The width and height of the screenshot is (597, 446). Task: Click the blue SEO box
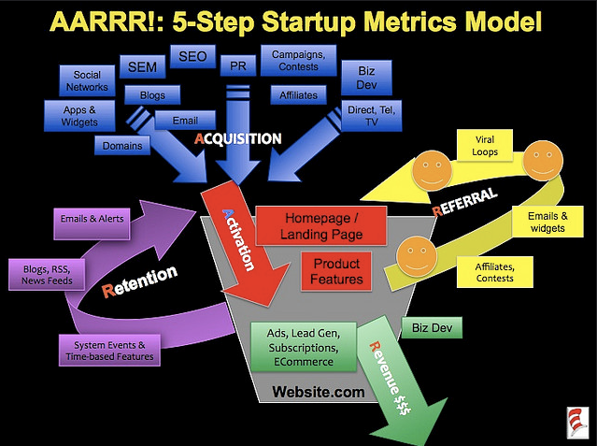click(x=192, y=56)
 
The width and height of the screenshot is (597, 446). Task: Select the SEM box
click(x=142, y=66)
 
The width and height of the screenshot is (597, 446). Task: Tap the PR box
click(x=238, y=65)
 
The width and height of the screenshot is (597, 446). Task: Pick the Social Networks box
click(x=87, y=80)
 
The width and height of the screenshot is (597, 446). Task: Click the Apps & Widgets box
click(x=79, y=116)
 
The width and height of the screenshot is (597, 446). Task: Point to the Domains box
click(x=122, y=145)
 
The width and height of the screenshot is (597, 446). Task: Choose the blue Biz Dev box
click(x=366, y=78)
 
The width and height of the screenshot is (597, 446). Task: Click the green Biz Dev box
click(x=433, y=327)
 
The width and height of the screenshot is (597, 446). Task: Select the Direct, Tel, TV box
click(x=372, y=116)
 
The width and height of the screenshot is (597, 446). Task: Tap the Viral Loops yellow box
click(x=485, y=146)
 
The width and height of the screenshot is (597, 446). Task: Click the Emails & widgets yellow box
click(x=547, y=222)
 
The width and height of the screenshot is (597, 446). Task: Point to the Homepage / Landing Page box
click(x=321, y=225)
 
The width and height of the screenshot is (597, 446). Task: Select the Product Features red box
click(x=336, y=271)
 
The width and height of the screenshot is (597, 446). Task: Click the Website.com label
click(x=319, y=392)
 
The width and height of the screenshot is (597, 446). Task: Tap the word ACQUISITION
click(x=238, y=138)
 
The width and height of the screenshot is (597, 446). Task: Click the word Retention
click(x=140, y=281)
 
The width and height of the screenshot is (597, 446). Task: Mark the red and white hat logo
click(x=577, y=422)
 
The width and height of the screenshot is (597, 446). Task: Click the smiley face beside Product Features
click(x=417, y=256)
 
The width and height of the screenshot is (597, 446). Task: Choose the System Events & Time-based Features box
click(x=109, y=351)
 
